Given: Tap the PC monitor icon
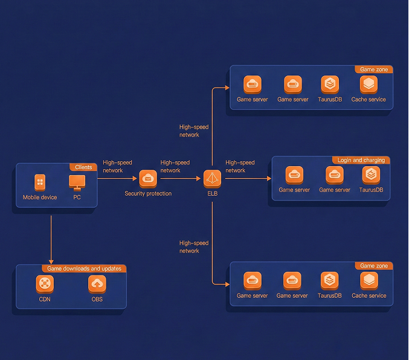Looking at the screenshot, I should coord(77,182).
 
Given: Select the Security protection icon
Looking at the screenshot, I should coord(148,179).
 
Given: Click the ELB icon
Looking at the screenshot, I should coord(213,179).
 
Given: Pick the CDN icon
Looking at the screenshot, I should coord(45,283).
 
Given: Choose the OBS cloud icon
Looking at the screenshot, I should coord(97,283).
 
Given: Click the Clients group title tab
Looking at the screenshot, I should coord(83,167).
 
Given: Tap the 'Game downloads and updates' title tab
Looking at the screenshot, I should coord(84,269).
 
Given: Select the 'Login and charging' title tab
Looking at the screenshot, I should coord(361,160).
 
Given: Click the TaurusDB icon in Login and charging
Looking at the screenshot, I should coord(371,175).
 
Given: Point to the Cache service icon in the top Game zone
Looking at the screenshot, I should coord(369,84).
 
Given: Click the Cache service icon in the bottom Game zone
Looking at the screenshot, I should coord(369,280).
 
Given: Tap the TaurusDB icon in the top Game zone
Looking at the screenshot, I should coord(330,84).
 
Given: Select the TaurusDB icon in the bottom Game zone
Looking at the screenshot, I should coord(329,280).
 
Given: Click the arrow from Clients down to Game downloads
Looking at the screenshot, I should coord(51,239).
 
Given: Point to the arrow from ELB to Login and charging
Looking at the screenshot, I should coord(248,179).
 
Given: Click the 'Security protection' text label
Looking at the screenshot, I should coord(148,194).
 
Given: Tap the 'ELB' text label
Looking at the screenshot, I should coord(212,194).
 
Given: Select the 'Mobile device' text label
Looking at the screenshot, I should coord(40,198).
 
